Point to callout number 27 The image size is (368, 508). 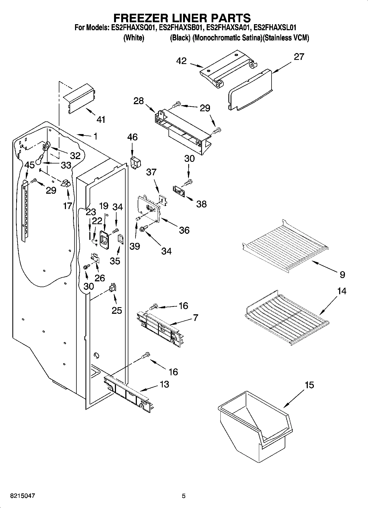coord(299,57)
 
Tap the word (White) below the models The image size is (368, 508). coord(134,38)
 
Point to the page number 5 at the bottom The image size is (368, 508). coord(184,496)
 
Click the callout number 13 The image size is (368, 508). coord(164,384)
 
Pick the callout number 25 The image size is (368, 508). coord(117,310)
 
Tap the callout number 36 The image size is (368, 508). coord(184,230)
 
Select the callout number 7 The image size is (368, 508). coord(195,318)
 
